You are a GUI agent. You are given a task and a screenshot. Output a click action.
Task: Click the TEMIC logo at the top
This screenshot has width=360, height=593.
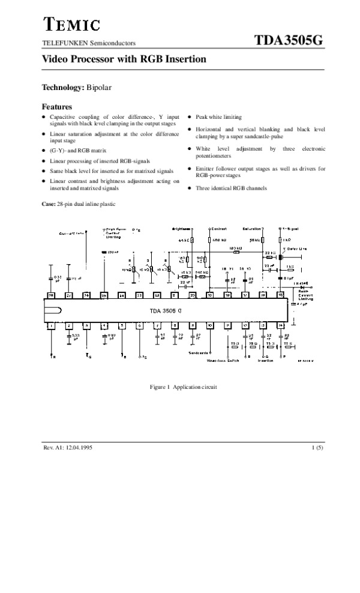point(70,25)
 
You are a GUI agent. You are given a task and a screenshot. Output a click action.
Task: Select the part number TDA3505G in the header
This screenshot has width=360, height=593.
point(289,40)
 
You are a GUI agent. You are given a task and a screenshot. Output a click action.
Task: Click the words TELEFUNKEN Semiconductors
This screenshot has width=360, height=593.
point(88,43)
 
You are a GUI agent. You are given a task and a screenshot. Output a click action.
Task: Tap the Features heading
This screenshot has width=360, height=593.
point(56,107)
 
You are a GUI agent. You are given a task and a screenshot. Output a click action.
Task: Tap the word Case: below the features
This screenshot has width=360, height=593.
point(48,205)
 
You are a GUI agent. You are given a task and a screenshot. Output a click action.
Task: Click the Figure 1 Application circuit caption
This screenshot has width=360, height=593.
point(183,387)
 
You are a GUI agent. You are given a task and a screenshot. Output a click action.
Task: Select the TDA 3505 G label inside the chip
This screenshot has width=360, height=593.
point(166,311)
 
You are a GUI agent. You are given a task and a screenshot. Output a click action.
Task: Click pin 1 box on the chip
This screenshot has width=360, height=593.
point(52,325)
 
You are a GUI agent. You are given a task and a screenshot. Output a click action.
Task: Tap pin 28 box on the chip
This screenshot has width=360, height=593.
point(52,296)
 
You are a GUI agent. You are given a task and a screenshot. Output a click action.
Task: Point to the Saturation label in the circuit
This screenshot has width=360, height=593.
point(251,229)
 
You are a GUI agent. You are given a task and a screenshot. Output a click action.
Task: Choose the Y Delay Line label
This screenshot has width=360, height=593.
point(295,248)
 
